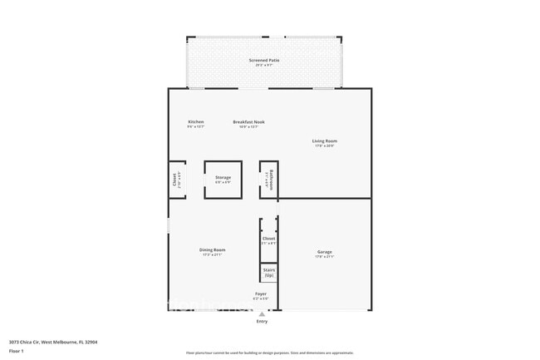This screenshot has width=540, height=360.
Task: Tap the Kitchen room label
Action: tap(196, 121)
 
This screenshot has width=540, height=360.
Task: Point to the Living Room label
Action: tap(325, 141)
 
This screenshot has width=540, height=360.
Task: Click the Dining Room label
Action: tap(212, 250)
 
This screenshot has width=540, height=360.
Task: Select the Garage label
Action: tap(325, 252)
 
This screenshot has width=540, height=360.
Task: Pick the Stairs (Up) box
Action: tap(268, 273)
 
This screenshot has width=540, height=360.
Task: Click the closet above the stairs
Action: tap(268, 239)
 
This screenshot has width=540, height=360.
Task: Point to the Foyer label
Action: tap(261, 294)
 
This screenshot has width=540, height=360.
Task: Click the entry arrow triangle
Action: tap(263, 314)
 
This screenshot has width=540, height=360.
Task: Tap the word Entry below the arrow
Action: tap(263, 322)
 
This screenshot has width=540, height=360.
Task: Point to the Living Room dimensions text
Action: tap(325, 146)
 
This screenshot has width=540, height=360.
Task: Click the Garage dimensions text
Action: tap(325, 257)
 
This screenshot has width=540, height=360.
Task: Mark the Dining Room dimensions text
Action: tap(212, 255)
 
